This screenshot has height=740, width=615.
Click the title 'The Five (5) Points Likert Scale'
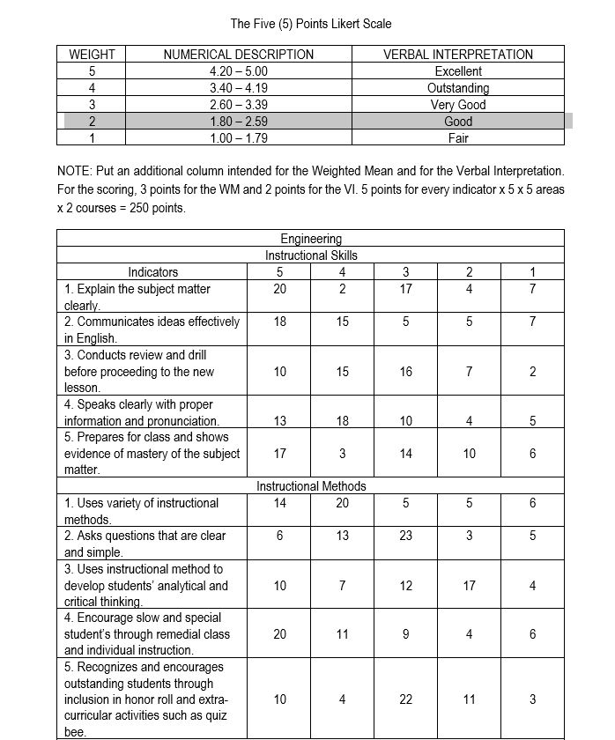click(x=310, y=23)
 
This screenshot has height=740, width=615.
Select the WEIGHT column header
click(x=92, y=55)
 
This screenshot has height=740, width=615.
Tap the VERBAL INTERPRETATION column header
click(x=457, y=55)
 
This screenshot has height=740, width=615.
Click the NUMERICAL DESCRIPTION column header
click(x=239, y=55)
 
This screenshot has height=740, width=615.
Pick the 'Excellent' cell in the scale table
click(x=457, y=71)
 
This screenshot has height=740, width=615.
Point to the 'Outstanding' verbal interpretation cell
click(x=457, y=88)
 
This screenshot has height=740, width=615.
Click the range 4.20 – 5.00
click(x=239, y=71)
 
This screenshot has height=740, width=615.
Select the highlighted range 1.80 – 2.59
click(x=239, y=122)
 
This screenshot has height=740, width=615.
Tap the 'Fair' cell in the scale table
click(x=457, y=138)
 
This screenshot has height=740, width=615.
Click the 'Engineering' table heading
click(x=310, y=239)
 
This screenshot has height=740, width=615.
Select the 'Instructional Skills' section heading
click(x=310, y=255)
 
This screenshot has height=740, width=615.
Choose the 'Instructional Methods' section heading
click(x=310, y=486)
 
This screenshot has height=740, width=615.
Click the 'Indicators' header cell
click(x=152, y=272)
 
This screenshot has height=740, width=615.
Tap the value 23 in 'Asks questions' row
click(x=405, y=536)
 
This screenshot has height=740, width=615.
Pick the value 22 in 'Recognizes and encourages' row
click(x=405, y=699)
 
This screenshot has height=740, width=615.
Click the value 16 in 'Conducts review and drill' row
click(x=405, y=372)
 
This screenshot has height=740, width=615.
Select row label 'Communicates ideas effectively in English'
click(x=152, y=329)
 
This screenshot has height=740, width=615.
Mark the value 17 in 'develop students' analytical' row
click(x=469, y=586)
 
